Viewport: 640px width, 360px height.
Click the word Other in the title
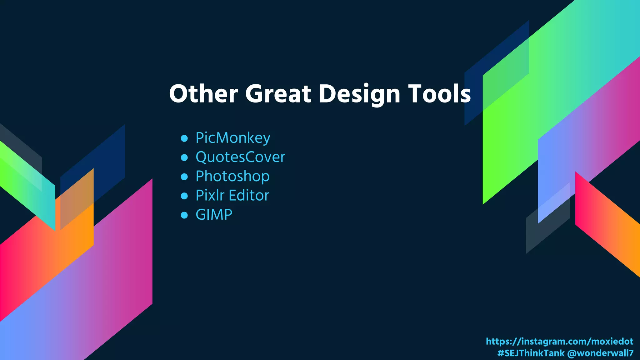[203, 94]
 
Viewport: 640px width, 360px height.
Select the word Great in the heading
[278, 94]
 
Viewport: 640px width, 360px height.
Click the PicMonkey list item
[233, 138]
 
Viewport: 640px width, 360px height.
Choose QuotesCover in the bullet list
[240, 157]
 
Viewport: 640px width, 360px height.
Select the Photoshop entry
[232, 177]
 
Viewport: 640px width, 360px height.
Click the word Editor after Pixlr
[249, 196]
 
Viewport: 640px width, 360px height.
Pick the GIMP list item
[214, 215]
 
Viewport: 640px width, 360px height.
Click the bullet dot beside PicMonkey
[184, 138]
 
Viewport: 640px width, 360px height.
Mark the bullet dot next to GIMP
[184, 215]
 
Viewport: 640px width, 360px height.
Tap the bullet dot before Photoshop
[184, 177]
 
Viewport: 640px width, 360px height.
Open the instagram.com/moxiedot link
[559, 341]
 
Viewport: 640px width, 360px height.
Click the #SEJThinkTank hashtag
[531, 353]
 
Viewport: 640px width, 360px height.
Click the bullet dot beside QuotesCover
[184, 157]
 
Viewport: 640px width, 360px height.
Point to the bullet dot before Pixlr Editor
[184, 196]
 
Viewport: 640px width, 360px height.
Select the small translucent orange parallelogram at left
[77, 200]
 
